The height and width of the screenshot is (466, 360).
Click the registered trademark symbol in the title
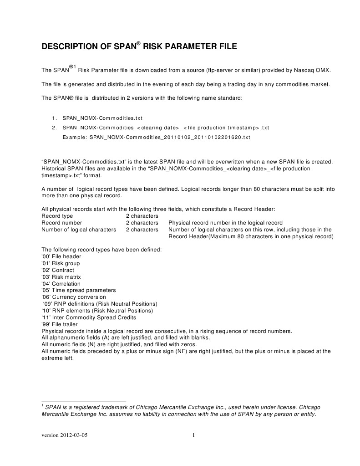tap(139, 44)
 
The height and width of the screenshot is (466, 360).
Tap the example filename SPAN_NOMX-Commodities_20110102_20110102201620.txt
tap(170, 137)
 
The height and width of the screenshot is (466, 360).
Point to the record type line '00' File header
tap(61, 256)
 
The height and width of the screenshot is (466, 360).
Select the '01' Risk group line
tap(61, 263)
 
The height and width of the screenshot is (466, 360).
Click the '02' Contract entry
tap(58, 270)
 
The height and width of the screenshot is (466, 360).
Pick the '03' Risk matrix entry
tap(61, 277)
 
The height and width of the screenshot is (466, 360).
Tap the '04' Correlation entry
tap(61, 284)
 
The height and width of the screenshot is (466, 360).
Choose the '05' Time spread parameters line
tap(78, 290)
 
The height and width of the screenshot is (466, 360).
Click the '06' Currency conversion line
tap(73, 297)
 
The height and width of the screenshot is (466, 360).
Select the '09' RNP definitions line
tap(100, 304)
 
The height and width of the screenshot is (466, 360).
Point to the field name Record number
tap(62, 223)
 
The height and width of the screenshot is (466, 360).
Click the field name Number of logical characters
tap(79, 230)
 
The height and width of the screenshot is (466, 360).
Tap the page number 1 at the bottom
tap(193, 435)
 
